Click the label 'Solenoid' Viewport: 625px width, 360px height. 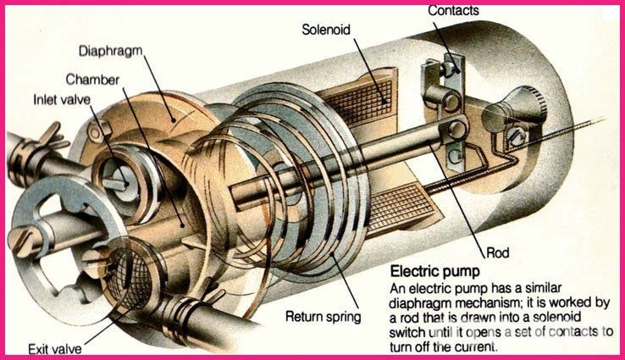point(326,30)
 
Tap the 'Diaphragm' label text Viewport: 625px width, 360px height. point(110,51)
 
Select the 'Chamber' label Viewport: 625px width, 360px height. point(92,80)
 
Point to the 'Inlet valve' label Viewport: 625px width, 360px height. point(62,99)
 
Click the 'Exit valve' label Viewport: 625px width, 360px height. point(54,349)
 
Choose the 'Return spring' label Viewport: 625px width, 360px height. point(324,317)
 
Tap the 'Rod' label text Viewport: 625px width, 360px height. point(498,252)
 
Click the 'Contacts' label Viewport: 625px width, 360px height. point(453,10)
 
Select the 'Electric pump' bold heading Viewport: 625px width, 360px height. point(434,272)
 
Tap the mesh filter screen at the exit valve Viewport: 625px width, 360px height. point(130,278)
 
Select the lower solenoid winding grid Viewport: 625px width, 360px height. point(402,208)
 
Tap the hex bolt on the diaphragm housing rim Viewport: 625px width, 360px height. point(98,130)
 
